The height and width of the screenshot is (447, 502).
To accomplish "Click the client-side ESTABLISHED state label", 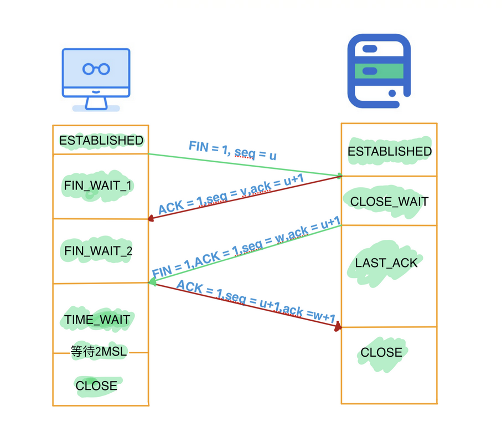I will (101, 141).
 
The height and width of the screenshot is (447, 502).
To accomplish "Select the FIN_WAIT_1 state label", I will (98, 186).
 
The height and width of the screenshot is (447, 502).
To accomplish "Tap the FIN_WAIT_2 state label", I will (98, 251).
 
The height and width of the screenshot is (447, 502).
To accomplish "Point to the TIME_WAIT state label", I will (97, 320).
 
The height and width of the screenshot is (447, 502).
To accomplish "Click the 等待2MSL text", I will (99, 351).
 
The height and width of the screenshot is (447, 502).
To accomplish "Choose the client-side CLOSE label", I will (96, 386).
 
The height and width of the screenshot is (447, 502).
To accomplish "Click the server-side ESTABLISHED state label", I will (389, 151).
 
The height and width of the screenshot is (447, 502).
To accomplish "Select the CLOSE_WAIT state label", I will (389, 202).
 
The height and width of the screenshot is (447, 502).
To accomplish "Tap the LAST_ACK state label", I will (386, 263).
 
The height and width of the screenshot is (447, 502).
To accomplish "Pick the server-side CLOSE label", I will (381, 353).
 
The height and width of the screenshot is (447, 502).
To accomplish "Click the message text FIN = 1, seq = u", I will (232, 150).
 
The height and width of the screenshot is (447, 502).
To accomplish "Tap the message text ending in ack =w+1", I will (256, 302).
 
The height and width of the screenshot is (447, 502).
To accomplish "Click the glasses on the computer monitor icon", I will (96, 69).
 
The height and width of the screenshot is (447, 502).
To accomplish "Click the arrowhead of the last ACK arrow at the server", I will (338, 327).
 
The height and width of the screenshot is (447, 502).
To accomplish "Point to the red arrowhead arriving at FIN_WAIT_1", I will (151, 218).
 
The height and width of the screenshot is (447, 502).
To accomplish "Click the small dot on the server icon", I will (392, 94).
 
